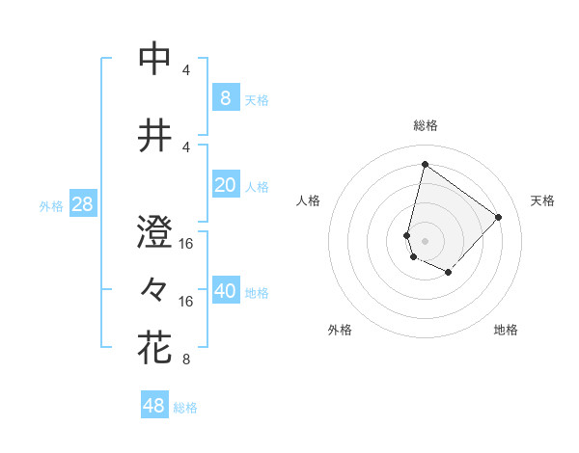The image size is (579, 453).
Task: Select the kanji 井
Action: pos(154,136)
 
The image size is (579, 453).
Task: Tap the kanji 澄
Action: pos(154,232)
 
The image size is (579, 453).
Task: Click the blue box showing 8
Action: pos(225,97)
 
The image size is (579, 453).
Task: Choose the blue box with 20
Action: pos(225,185)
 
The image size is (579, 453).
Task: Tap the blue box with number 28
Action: pos(82,204)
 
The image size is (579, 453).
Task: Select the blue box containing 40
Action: pos(225,292)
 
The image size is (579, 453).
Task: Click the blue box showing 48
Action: pos(154,406)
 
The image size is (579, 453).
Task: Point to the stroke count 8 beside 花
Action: pos(185,360)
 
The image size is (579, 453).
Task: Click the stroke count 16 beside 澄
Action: pos(186,244)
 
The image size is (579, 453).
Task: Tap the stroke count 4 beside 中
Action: pos(185,70)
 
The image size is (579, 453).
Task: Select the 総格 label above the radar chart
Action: pos(425,125)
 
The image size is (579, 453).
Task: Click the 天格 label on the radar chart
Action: pos(542,200)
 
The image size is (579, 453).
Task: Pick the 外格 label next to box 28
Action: pos(51,206)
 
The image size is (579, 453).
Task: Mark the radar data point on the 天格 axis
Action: pos(498,217)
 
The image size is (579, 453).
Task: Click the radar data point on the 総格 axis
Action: pos(425,165)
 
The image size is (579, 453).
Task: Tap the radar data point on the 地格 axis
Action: pos(448,273)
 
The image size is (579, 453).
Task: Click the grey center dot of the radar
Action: pos(425,241)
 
